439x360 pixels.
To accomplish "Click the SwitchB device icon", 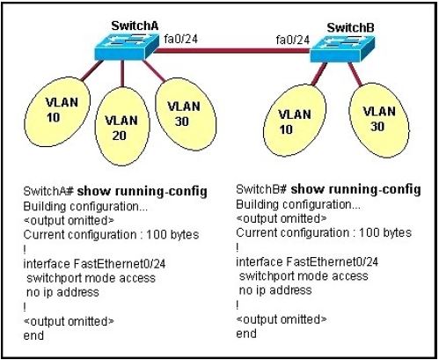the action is click(342, 48).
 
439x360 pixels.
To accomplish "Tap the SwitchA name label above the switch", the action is click(135, 26).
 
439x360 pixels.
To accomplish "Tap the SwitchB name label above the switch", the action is click(350, 28).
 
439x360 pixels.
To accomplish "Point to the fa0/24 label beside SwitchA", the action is click(181, 39).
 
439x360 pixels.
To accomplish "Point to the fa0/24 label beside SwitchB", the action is click(293, 40).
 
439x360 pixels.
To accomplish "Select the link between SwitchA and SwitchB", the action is click(232, 51).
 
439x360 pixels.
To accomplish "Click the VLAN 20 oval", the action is click(122, 126).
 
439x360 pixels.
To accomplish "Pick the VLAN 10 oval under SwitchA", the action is click(57, 112).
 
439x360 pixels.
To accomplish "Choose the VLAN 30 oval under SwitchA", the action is click(186, 114).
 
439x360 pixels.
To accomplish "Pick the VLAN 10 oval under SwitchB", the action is click(295, 120).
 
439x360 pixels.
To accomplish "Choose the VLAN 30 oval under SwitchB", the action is click(379, 120).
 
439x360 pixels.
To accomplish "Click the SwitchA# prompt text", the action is click(48, 191).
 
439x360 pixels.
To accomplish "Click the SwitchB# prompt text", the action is click(261, 189).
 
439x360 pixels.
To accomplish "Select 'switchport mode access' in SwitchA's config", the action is click(91, 278).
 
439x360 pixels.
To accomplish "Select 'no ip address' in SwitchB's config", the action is click(275, 290).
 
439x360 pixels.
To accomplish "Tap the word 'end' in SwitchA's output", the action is click(33, 335).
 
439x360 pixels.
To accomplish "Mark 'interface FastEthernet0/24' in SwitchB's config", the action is click(307, 261).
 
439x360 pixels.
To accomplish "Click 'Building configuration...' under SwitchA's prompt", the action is click(85, 207).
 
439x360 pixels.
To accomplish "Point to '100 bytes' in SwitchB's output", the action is click(385, 232).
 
